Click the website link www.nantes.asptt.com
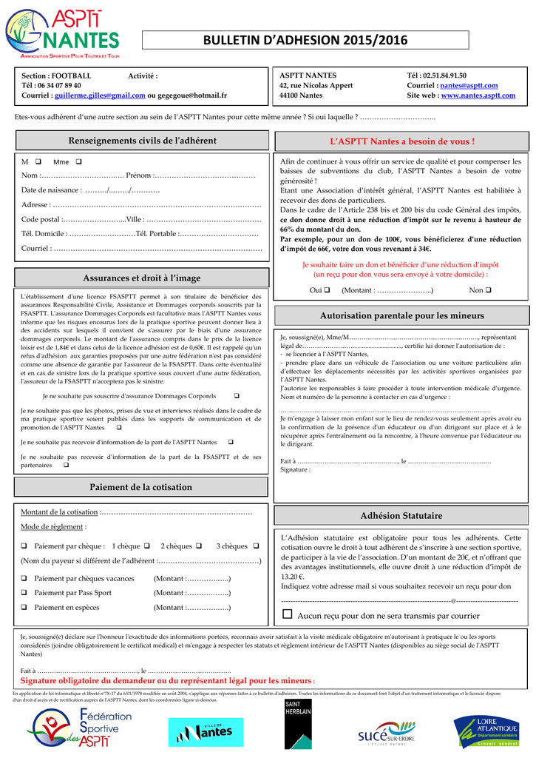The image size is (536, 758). coord(478,95)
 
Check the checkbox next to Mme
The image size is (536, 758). coord(78,162)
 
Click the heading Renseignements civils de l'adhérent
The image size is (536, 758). coord(142,141)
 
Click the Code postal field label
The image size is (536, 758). coord(41,219)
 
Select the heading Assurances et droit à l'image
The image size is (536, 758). coord(142,278)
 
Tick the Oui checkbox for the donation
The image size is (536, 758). coord(327,290)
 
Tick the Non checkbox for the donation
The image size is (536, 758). coord(489,290)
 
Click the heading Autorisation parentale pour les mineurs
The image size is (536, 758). coord(401,315)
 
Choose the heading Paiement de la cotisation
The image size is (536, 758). coord(140,487)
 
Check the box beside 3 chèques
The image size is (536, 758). coord(255,546)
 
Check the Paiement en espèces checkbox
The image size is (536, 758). coord(24,608)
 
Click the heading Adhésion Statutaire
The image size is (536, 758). coord(401,515)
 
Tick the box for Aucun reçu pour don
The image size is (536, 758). coord(288,615)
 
